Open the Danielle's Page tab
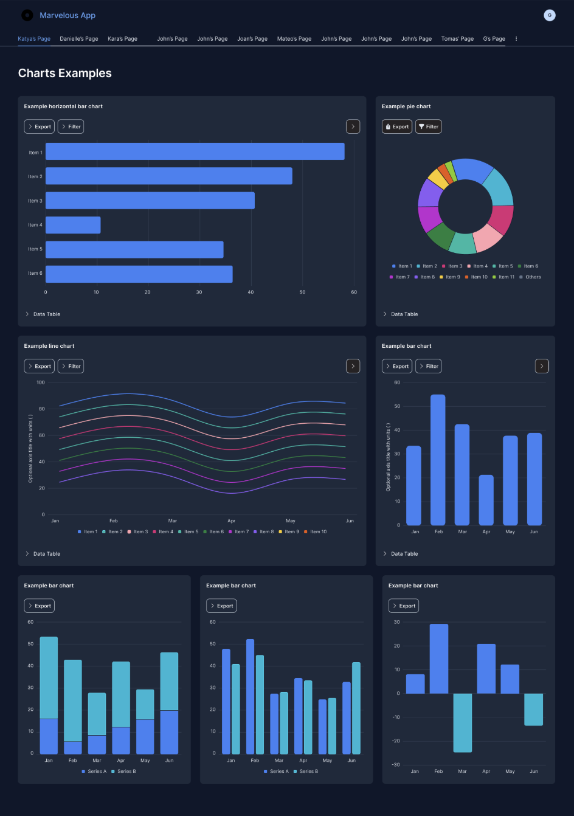(x=78, y=39)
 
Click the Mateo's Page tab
(x=294, y=39)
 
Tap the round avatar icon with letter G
(x=549, y=15)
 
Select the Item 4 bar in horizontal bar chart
(x=73, y=225)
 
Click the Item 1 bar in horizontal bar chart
(x=195, y=151)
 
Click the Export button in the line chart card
(x=40, y=366)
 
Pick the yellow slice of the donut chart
(x=437, y=179)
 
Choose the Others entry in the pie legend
(x=530, y=277)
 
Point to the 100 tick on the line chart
(x=40, y=382)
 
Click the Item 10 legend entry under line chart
(x=316, y=531)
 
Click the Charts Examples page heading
(x=65, y=73)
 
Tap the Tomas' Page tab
(x=457, y=39)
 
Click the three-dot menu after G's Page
(x=516, y=39)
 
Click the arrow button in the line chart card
(x=353, y=366)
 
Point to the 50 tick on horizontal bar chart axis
(x=302, y=292)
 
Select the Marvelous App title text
(x=67, y=15)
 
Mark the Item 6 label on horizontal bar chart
(x=35, y=273)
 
